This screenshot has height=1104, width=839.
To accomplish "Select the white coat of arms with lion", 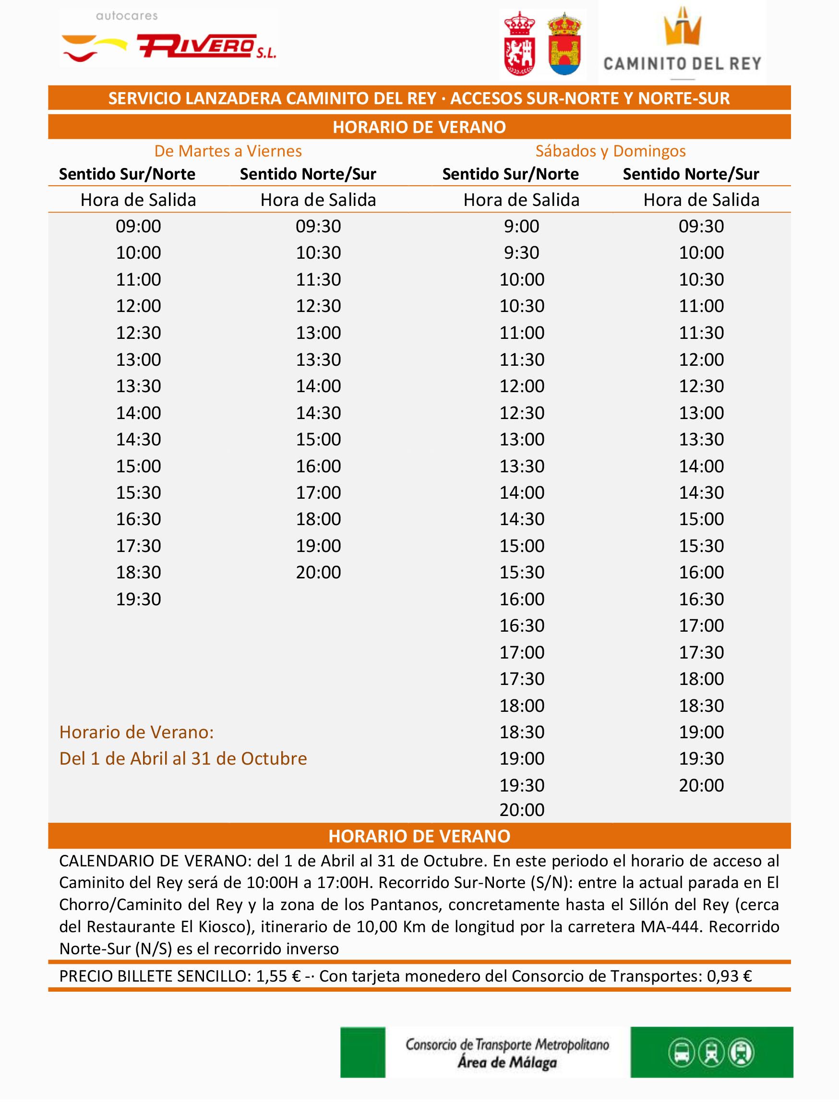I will click(520, 44).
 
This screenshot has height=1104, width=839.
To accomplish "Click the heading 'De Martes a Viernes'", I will click(228, 151).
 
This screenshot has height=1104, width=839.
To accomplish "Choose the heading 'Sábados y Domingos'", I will click(610, 151).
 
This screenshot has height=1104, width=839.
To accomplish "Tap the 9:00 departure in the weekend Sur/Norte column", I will click(521, 226).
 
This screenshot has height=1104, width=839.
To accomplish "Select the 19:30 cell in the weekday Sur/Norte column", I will click(138, 599).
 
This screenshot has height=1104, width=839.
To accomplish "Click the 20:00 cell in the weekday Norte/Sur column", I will click(318, 572).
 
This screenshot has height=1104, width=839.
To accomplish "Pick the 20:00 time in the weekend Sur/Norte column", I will click(521, 809).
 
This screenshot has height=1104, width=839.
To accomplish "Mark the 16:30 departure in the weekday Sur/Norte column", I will click(138, 519).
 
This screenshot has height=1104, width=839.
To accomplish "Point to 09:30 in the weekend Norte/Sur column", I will click(701, 226).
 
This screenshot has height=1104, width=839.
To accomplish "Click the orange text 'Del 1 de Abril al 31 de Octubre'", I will click(183, 758).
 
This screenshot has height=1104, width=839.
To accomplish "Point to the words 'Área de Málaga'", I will click(506, 1062).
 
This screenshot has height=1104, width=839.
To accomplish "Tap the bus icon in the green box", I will click(682, 1053).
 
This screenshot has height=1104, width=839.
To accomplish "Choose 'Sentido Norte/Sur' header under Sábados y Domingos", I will click(691, 174).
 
